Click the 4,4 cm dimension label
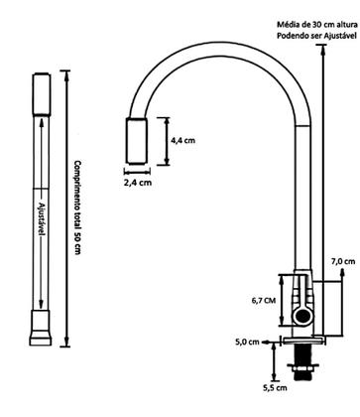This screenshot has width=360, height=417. pyautogui.click(x=182, y=140)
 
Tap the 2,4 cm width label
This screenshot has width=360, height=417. pyautogui.click(x=138, y=183)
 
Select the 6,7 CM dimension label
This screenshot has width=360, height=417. pyautogui.click(x=264, y=301)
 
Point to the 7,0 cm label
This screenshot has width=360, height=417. pyautogui.click(x=343, y=261)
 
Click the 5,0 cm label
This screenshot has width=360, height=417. pyautogui.click(x=247, y=342)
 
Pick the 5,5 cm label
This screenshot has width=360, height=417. pyautogui.click(x=275, y=387)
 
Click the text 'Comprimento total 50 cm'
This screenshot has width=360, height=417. pyautogui.click(x=77, y=208)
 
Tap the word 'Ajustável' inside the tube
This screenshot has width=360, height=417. pyautogui.click(x=42, y=218)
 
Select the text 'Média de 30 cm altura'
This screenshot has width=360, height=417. pyautogui.click(x=317, y=25)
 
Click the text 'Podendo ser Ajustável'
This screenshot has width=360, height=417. pyautogui.click(x=316, y=35)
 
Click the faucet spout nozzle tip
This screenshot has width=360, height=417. pyautogui.click(x=136, y=141)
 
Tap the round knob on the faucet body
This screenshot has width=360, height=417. pyautogui.click(x=302, y=316)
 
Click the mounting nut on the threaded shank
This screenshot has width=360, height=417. pyautogui.click(x=302, y=367)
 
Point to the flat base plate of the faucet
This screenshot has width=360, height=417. pyautogui.click(x=302, y=341)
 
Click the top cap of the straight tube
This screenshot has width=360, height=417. pyautogui.click(x=42, y=94)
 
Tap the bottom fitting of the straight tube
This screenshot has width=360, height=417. pyautogui.click(x=41, y=328)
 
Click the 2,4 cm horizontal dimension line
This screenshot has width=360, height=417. pyautogui.click(x=137, y=172)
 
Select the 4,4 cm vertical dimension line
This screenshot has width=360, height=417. pyautogui.click(x=167, y=141)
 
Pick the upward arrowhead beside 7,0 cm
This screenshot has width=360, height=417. pyautogui.click(x=342, y=272)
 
